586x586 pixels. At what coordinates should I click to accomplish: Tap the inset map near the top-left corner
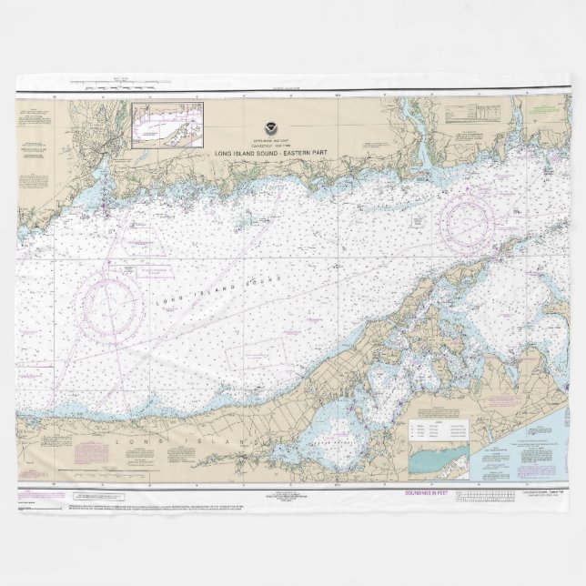point(167,124)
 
